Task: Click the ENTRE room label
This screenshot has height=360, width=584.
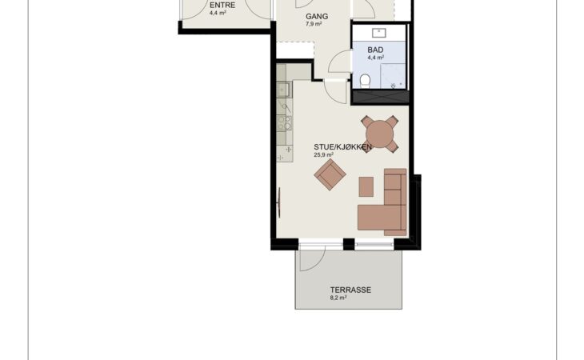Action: pyautogui.click(x=222, y=6)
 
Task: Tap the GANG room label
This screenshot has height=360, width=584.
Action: pyautogui.click(x=317, y=16)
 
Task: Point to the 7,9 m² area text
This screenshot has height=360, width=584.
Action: pyautogui.click(x=314, y=24)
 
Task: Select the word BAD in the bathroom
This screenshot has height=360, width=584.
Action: pyautogui.click(x=375, y=50)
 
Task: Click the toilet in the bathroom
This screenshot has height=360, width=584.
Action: pyautogui.click(x=365, y=81)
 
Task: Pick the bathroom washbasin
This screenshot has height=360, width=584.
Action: pyautogui.click(x=379, y=33)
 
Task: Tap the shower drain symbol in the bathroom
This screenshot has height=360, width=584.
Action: pyautogui.click(x=393, y=86)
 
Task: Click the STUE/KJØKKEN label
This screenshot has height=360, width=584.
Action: pyautogui.click(x=342, y=146)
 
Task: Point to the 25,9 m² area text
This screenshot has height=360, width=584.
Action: pyautogui.click(x=324, y=155)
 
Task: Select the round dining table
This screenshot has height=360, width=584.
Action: pyautogui.click(x=379, y=134)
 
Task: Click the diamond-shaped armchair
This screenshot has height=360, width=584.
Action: pyautogui.click(x=330, y=174)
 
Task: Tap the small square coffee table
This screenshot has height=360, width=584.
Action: pyautogui.click(x=366, y=187)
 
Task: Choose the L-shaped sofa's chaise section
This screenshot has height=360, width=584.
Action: pyautogui.click(x=371, y=218)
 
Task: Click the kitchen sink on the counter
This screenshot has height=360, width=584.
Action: pyautogui.click(x=284, y=90)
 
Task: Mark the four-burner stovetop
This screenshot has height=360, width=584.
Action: pyautogui.click(x=285, y=122)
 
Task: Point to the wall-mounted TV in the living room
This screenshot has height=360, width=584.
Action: pyautogui.click(x=279, y=202)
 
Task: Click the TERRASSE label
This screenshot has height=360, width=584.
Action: pyautogui.click(x=350, y=290)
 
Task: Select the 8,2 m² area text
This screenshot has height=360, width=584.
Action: pyautogui.click(x=338, y=298)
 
